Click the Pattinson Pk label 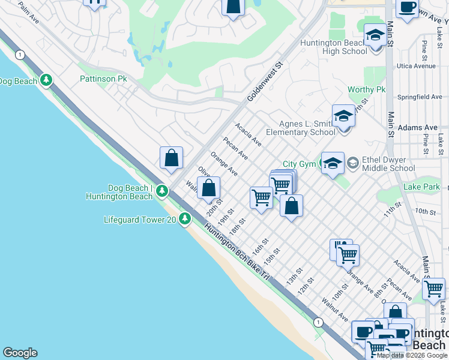tap(104, 79)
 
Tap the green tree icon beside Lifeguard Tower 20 tap(185, 220)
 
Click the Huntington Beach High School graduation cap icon tap(375, 35)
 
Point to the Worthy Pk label tap(366, 89)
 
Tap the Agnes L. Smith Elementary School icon tap(343, 115)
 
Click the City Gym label tap(298, 164)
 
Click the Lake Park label tap(421, 187)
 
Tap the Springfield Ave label tap(420, 97)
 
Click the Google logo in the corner tap(20, 353)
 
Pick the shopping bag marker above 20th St tap(208, 188)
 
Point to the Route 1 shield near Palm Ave tap(21, 55)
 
